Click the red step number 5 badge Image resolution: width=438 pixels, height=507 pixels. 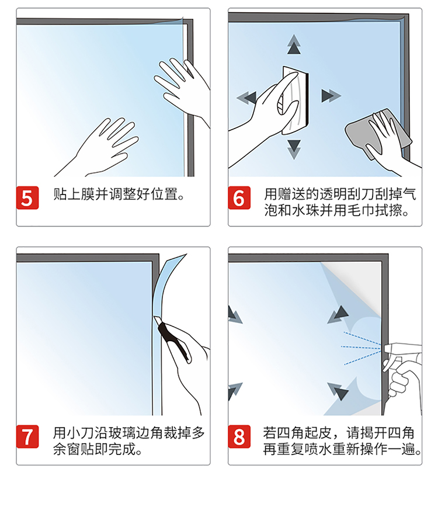[27, 197]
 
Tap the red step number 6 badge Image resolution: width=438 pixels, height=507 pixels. [239, 197]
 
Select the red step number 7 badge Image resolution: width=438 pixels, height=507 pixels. [27, 436]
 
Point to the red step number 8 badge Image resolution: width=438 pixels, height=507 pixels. [239, 436]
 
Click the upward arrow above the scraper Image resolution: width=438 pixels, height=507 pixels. [294, 44]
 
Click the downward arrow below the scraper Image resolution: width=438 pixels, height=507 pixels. [294, 149]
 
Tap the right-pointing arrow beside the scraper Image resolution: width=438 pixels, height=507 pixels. [331, 96]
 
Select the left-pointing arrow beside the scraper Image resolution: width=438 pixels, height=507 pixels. [247, 97]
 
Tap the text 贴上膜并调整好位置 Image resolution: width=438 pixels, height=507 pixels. [116, 195]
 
